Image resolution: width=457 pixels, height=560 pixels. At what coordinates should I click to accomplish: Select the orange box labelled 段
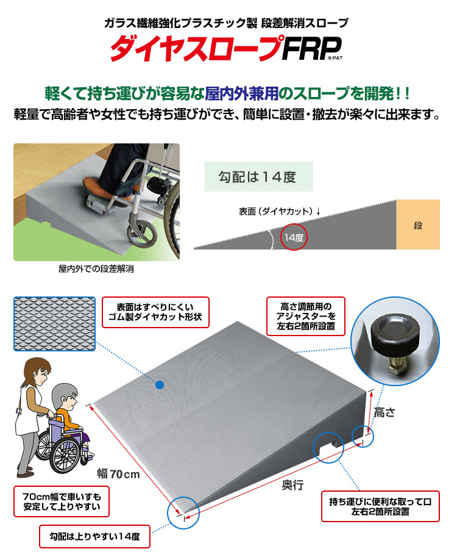tap(418, 225)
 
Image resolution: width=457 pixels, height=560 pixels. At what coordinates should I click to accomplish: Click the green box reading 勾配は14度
tap(258, 177)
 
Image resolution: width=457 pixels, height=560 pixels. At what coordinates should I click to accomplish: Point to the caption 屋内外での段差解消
tap(96, 268)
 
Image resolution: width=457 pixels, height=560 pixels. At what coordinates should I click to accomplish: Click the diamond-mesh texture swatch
tap(54, 323)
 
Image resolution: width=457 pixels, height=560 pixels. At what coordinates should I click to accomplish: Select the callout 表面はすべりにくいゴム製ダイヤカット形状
tap(155, 313)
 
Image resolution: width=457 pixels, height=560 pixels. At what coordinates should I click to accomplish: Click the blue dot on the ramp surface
tap(159, 386)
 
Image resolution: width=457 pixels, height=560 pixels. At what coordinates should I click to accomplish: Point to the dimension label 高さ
tap(385, 412)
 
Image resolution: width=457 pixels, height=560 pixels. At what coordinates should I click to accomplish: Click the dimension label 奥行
tap(292, 485)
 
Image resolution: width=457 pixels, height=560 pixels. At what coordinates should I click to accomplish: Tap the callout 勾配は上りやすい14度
tap(94, 537)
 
